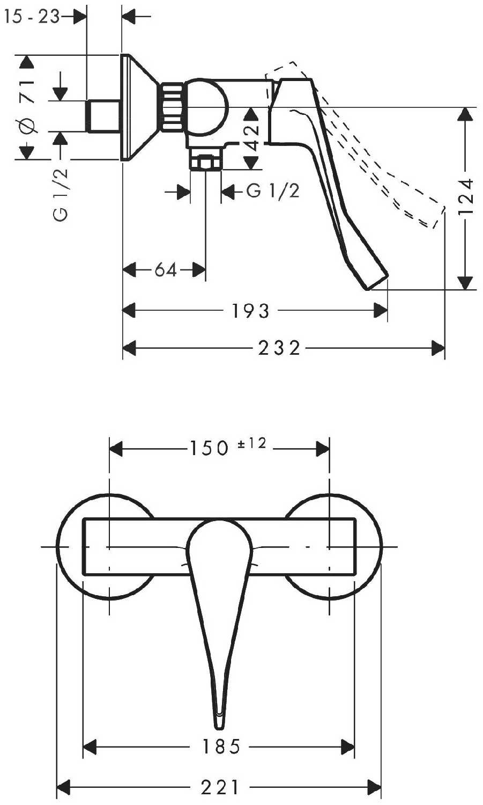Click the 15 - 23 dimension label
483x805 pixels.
(x=31, y=17)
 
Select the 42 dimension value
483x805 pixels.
(x=252, y=137)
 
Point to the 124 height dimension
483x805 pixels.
(x=466, y=196)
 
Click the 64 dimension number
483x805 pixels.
(x=166, y=269)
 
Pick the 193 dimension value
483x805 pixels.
(x=250, y=311)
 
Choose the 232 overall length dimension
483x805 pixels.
(x=279, y=348)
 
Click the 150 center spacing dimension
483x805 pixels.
(x=209, y=448)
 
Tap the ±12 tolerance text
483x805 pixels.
(x=252, y=443)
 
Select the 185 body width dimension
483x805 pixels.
(x=221, y=747)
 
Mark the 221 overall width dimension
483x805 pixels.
(x=219, y=787)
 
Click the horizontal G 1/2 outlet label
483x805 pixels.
(x=272, y=191)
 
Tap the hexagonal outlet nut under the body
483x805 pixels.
(x=205, y=162)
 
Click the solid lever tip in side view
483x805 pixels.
(x=377, y=282)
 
